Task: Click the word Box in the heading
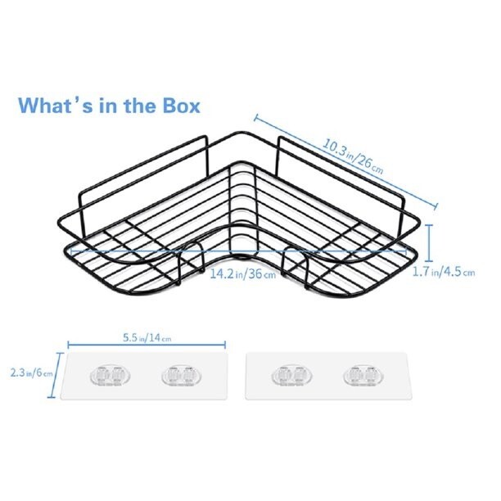(182, 106)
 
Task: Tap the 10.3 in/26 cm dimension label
(353, 156)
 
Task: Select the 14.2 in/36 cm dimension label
(243, 273)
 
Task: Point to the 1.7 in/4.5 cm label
(445, 273)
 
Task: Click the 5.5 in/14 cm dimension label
(147, 338)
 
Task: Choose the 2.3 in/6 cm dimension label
(31, 372)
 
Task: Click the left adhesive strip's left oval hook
(111, 375)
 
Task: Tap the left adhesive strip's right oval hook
(182, 375)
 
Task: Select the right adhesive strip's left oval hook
(292, 375)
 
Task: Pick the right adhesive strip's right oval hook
(363, 375)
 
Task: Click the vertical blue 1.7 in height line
(430, 239)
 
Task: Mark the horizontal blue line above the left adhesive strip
(147, 345)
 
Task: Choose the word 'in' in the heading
(108, 106)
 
